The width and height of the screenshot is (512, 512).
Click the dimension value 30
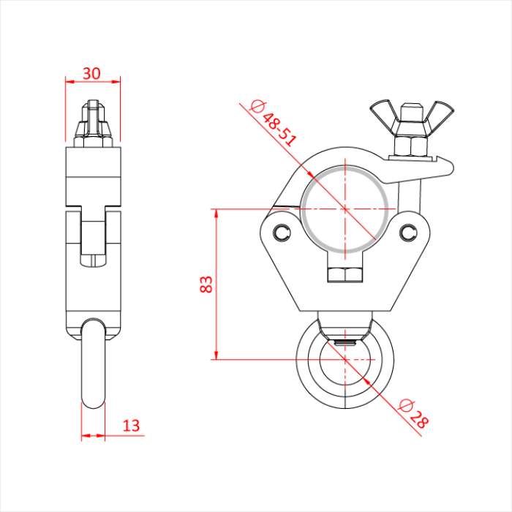coord(91,73)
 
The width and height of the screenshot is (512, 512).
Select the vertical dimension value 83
coord(206,284)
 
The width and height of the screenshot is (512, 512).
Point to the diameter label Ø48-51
coord(274,122)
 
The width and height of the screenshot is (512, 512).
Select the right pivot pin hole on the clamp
coord(407,232)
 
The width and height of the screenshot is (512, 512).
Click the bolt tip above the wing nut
coord(411,110)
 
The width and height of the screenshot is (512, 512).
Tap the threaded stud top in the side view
coord(92,110)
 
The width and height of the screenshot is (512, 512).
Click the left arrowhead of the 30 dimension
coord(69,82)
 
